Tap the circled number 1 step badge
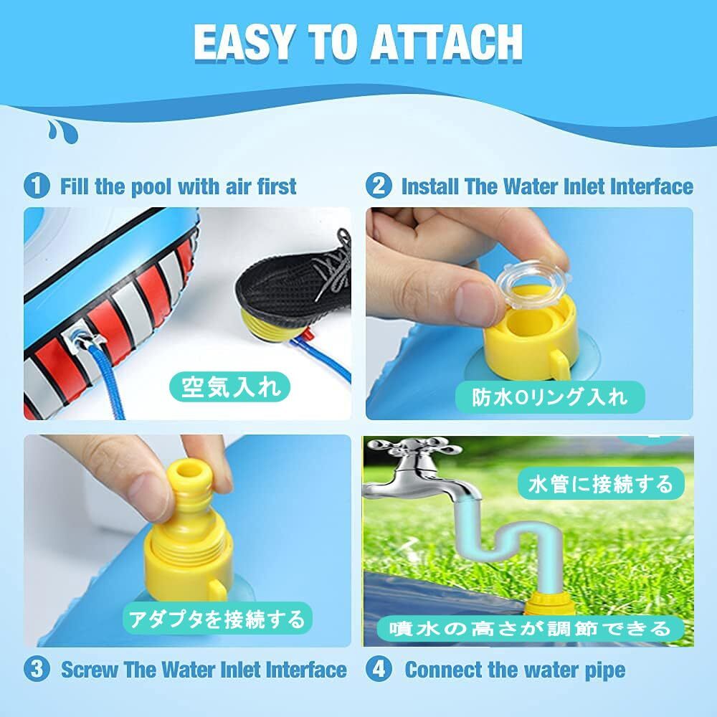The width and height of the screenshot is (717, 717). (36, 186)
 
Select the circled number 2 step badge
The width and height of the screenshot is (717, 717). (379, 186)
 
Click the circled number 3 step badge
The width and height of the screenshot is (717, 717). (36, 669)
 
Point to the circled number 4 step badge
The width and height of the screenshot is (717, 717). (379, 669)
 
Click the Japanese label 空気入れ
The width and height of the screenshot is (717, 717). (230, 387)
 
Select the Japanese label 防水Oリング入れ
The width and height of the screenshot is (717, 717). (550, 397)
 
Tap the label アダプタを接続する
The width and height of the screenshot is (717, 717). (217, 619)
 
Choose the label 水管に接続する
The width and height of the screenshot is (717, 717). (601, 484)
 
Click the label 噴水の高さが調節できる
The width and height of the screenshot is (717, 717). (530, 630)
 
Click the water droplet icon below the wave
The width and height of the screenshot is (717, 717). (62, 132)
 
